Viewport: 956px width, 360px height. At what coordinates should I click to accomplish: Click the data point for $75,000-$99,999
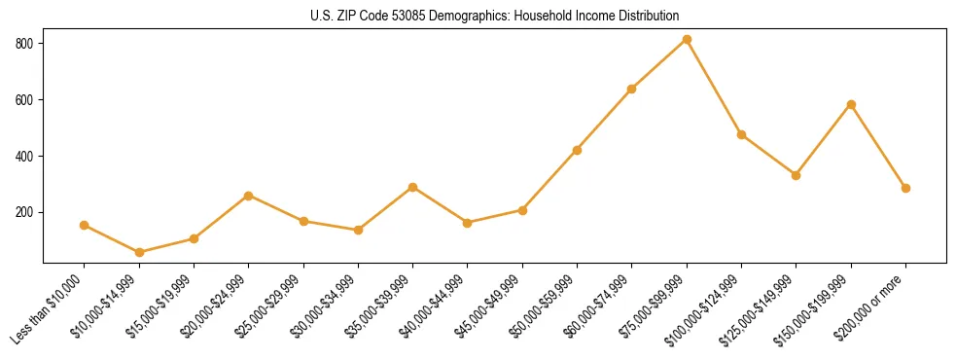click(687, 40)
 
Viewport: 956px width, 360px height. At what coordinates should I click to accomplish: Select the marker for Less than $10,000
click(85, 225)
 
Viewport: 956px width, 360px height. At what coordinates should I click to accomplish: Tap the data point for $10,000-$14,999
click(139, 252)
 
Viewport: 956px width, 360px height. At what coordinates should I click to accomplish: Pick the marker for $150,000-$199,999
click(851, 104)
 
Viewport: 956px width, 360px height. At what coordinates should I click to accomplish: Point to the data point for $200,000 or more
click(905, 188)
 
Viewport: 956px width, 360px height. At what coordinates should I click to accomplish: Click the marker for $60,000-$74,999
click(632, 89)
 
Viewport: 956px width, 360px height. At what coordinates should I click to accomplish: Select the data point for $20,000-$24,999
click(249, 196)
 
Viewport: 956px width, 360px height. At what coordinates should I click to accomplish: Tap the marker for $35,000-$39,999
click(413, 187)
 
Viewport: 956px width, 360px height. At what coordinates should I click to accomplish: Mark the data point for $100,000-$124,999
click(741, 134)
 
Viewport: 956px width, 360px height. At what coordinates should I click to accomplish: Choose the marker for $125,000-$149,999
click(797, 175)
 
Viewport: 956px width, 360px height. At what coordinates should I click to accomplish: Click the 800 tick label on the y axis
click(24, 44)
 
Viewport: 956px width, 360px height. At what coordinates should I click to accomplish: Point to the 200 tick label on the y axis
click(24, 212)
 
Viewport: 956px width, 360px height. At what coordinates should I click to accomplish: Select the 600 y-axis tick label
click(24, 100)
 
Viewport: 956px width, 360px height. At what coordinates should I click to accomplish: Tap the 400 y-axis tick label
click(24, 156)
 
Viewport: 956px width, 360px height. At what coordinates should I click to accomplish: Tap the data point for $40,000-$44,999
click(468, 223)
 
